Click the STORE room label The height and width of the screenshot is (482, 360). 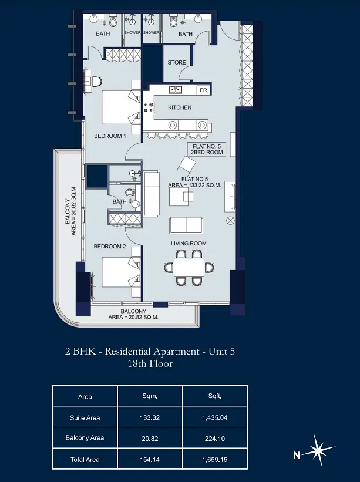click(177, 62)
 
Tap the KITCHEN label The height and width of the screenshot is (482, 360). click(180, 107)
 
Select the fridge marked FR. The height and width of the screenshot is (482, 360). click(204, 90)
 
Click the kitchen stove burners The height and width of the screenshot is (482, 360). click(149, 107)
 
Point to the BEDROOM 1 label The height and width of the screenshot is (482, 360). click(110, 136)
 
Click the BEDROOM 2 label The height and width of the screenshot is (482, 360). click(110, 246)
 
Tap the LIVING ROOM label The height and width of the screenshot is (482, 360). click(189, 244)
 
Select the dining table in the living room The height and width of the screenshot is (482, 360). click(189, 268)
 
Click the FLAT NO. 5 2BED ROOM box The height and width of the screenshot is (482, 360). click(207, 149)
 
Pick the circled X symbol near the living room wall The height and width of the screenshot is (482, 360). click(230, 220)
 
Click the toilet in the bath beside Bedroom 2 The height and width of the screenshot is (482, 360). click(130, 193)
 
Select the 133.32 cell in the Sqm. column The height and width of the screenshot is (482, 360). click(150, 417)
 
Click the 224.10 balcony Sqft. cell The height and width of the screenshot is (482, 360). click(215, 439)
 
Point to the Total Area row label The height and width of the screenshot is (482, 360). click(85, 460)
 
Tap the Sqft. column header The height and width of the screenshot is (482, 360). click(215, 396)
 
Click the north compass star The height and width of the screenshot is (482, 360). click(319, 451)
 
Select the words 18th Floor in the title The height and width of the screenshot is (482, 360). click(150, 363)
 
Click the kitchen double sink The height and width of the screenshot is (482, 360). click(175, 90)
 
